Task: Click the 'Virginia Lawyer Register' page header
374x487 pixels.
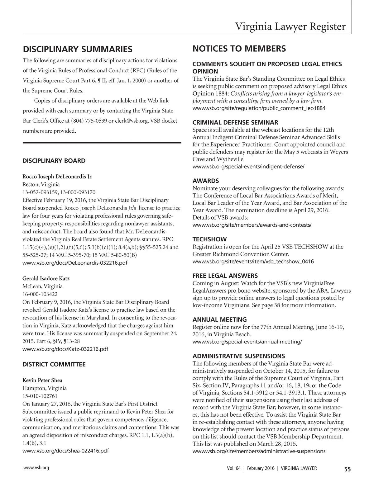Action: (x=290, y=26)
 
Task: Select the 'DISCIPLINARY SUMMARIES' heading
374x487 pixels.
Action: (x=77, y=49)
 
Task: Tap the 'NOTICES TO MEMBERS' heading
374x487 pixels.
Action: (x=239, y=49)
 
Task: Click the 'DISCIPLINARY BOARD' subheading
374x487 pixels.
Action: (x=54, y=161)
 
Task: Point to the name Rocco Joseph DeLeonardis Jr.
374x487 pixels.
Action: (x=58, y=177)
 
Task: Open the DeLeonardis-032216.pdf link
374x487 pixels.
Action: (x=75, y=263)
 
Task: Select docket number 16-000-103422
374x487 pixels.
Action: (x=40, y=294)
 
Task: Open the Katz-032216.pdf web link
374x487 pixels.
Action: (x=65, y=349)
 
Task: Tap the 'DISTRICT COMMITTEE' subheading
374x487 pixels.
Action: (x=54, y=364)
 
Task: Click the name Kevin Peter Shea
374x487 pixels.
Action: (x=42, y=380)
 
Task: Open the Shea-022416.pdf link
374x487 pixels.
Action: (x=66, y=451)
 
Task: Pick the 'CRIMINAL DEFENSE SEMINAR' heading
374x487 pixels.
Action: (x=235, y=122)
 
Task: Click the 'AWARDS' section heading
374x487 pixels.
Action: (x=206, y=181)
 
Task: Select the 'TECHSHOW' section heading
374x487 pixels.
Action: (x=209, y=239)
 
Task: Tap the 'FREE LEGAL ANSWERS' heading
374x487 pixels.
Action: (x=225, y=276)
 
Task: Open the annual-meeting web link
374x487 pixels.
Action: (x=247, y=342)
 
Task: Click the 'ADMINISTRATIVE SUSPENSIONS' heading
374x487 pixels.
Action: (x=239, y=356)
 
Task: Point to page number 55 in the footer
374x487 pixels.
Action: (x=348, y=470)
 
